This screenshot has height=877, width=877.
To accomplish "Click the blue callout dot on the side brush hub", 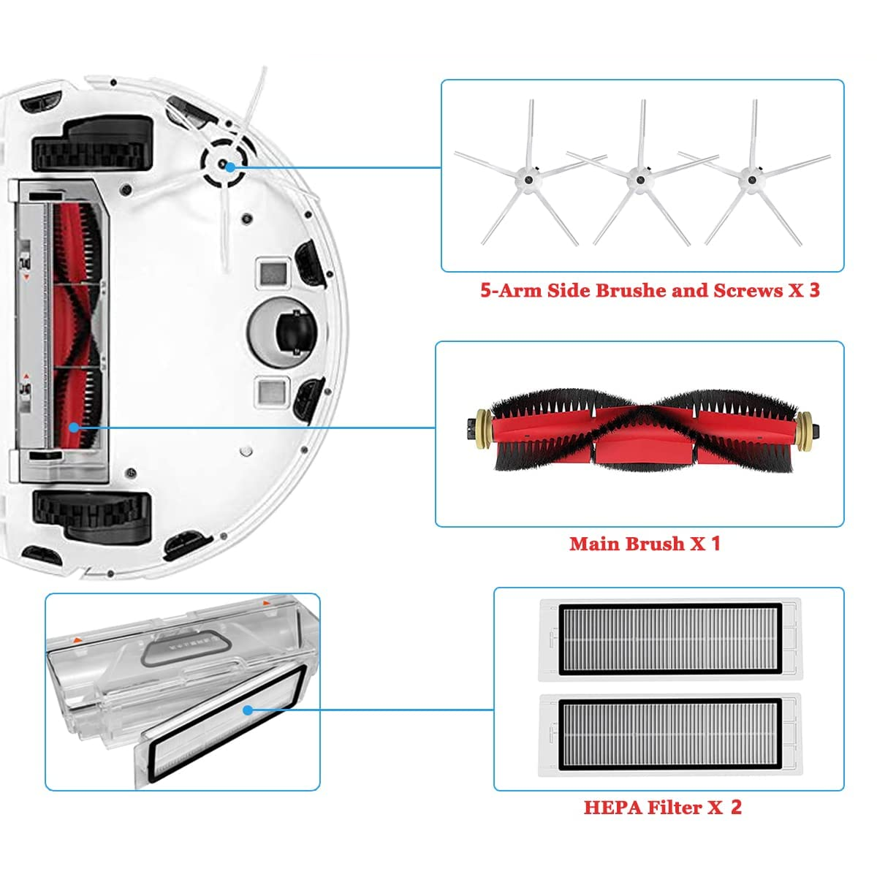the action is click(x=230, y=167).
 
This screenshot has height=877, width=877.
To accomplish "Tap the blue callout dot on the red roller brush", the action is click(x=75, y=428).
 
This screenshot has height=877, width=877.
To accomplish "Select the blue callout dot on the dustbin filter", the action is click(x=248, y=710).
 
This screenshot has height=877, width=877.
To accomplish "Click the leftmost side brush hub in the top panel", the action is click(x=528, y=181).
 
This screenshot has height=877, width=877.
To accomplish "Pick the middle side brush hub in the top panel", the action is click(x=640, y=181).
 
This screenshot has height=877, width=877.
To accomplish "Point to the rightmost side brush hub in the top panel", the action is click(x=752, y=181).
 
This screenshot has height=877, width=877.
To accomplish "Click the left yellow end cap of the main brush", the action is click(x=483, y=427).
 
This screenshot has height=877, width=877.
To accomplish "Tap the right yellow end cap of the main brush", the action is click(x=804, y=427).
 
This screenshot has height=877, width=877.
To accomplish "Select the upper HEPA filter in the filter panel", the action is click(x=670, y=640).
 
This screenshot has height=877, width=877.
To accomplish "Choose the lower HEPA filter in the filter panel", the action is click(x=670, y=735).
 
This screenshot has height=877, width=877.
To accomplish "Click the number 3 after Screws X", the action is click(x=815, y=290).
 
